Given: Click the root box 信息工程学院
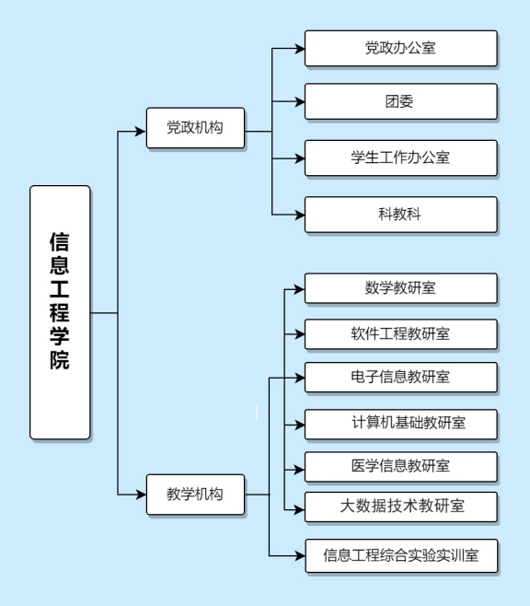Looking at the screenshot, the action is pos(60,312).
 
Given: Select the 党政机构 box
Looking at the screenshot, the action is pos(195,127).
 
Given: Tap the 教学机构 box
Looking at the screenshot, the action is pos(195,495).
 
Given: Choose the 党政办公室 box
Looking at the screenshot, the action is pos(400,48).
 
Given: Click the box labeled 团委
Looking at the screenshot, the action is pos(400,101).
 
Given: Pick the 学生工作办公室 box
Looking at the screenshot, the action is pos(400,158).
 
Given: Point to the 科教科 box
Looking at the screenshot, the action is pos(400,215).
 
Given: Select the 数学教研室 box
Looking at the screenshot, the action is pos(400,288).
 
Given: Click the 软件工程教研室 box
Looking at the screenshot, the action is pos(400,334).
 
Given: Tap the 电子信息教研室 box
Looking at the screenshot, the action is pos(400,378).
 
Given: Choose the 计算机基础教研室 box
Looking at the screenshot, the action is pos(400,425).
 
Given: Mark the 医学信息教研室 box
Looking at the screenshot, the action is pos(400,467).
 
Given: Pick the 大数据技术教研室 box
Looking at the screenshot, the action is pos(400,507).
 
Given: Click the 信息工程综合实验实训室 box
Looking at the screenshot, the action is pos(401,555).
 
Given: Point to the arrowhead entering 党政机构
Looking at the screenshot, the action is pos(141,132).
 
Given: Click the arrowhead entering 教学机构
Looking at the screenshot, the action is pos(141,495).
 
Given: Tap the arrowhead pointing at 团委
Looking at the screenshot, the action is pos(299,101).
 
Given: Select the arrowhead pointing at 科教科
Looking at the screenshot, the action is pos(299,215).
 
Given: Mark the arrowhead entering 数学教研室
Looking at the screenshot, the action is pos(299,289).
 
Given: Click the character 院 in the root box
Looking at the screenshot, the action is pos(60,360).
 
